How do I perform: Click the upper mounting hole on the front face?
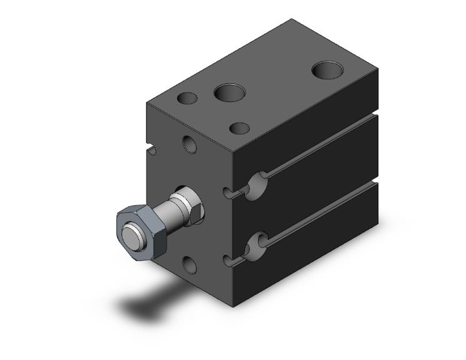(x=190, y=145)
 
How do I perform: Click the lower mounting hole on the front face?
(x=190, y=265)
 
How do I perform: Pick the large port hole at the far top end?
(x=327, y=69)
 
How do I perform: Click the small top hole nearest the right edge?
(x=241, y=128)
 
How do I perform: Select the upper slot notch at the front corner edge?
(x=228, y=190)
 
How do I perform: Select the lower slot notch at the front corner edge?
(x=228, y=257)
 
